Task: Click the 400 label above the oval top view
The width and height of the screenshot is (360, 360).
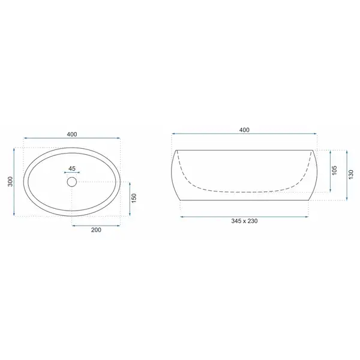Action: point(72,134)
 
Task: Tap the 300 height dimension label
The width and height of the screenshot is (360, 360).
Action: point(11,182)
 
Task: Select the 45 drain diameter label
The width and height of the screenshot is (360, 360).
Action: point(72,169)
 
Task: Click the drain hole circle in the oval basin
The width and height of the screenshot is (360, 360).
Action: point(72,182)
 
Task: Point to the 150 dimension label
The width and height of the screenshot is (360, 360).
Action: point(134,198)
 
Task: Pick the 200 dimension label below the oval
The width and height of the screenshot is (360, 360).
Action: point(96,230)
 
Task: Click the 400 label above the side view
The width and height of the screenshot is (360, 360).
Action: point(244,130)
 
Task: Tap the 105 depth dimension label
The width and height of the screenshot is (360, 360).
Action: point(334,170)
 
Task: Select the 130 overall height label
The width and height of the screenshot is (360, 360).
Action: point(351,175)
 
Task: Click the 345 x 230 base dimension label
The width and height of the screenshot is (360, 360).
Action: point(244,221)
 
